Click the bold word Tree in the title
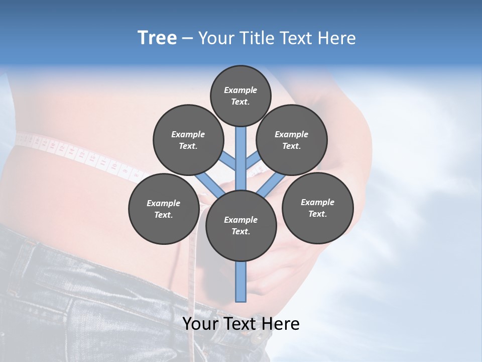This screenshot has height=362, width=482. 157,38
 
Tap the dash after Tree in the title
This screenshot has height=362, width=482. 187,39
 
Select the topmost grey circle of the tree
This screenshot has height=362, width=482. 240,96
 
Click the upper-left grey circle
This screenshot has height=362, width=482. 188,140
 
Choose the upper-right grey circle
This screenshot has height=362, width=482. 292,140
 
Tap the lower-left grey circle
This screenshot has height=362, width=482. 164,209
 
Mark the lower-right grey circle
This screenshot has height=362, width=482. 318,208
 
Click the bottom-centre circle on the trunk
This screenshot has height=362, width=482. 241,226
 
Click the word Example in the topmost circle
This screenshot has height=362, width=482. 240,90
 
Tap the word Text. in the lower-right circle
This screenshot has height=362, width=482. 318,214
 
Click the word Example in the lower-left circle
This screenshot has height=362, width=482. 164,203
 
